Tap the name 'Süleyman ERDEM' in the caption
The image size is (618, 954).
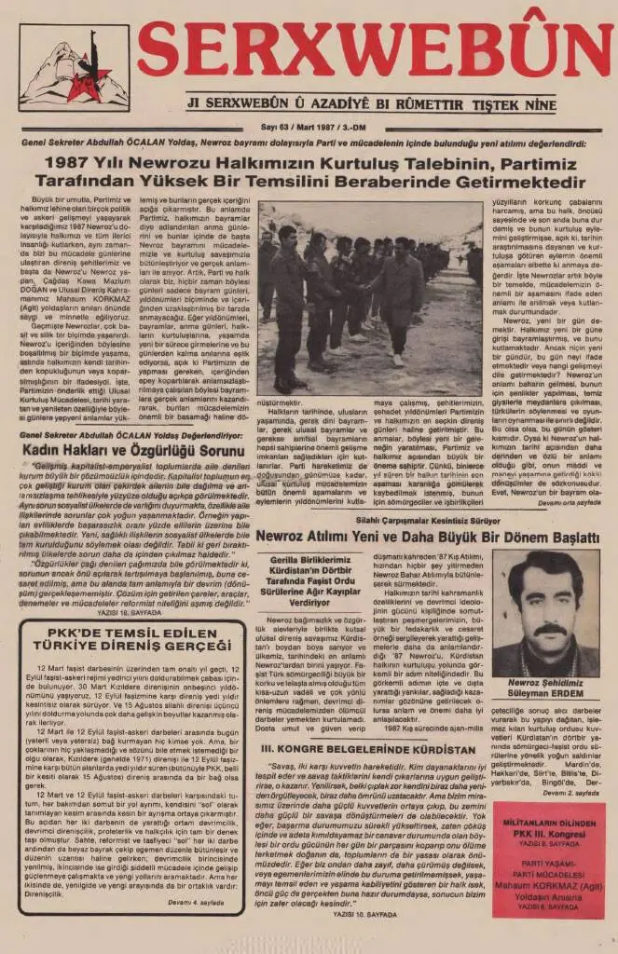[547, 693]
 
